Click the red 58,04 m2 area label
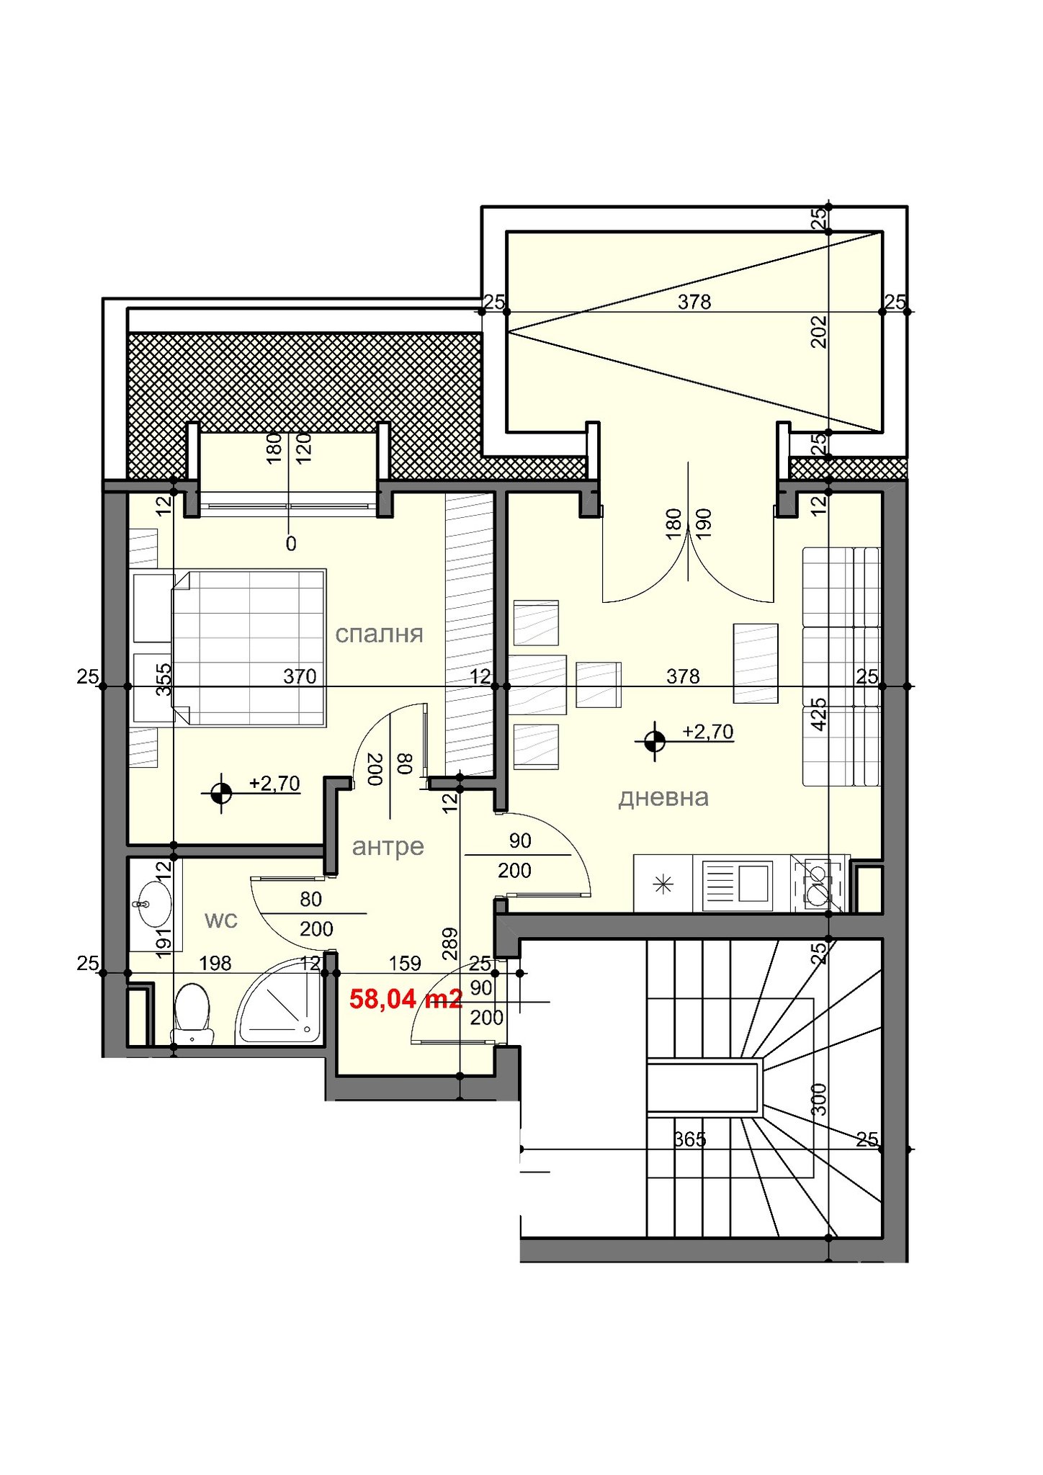pyautogui.click(x=406, y=999)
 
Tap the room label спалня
pyautogui.click(x=379, y=634)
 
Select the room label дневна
pyautogui.click(x=663, y=797)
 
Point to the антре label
pyautogui.click(x=388, y=847)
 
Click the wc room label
pyautogui.click(x=221, y=920)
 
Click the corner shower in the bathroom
pyautogui.click(x=279, y=1000)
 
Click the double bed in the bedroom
pyautogui.click(x=249, y=647)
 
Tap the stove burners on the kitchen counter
pyautogui.click(x=817, y=884)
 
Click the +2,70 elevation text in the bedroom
pyautogui.click(x=274, y=783)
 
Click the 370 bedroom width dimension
pyautogui.click(x=300, y=676)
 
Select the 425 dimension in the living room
pyautogui.click(x=819, y=714)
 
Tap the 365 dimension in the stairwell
pyautogui.click(x=689, y=1139)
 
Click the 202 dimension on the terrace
pyautogui.click(x=819, y=331)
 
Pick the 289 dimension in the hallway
pyautogui.click(x=449, y=943)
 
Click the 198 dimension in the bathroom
pyautogui.click(x=215, y=963)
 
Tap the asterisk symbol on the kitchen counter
pyautogui.click(x=663, y=884)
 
